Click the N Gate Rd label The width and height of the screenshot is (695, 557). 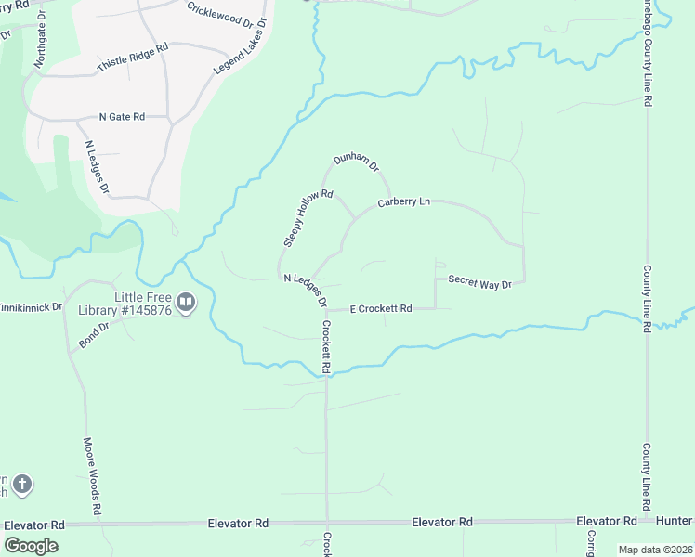[x=122, y=117]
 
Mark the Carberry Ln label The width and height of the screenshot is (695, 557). [x=404, y=201]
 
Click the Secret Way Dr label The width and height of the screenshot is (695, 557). [x=479, y=281]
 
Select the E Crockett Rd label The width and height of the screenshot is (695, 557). [x=381, y=308]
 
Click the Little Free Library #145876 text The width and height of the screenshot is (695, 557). [x=143, y=304]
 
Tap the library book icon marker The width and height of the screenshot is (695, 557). [x=186, y=303]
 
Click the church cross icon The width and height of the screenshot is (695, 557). [x=22, y=484]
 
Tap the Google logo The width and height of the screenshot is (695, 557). [x=31, y=546]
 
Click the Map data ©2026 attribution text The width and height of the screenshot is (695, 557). [x=655, y=550]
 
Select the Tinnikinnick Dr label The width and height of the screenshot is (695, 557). [x=31, y=306]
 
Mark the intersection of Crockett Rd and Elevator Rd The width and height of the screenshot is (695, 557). [x=326, y=524]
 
